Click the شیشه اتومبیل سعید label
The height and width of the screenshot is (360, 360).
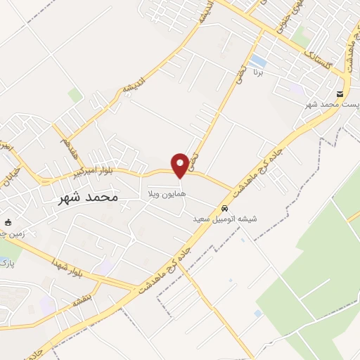pos(225,219)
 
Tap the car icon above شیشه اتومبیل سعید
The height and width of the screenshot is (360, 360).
pos(224,209)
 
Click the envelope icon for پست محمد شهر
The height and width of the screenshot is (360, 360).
pos(340,94)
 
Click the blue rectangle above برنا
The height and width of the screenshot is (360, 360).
pos(258,61)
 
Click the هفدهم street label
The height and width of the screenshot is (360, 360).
pos(67,147)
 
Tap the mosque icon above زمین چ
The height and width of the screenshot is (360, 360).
pos(8,221)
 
